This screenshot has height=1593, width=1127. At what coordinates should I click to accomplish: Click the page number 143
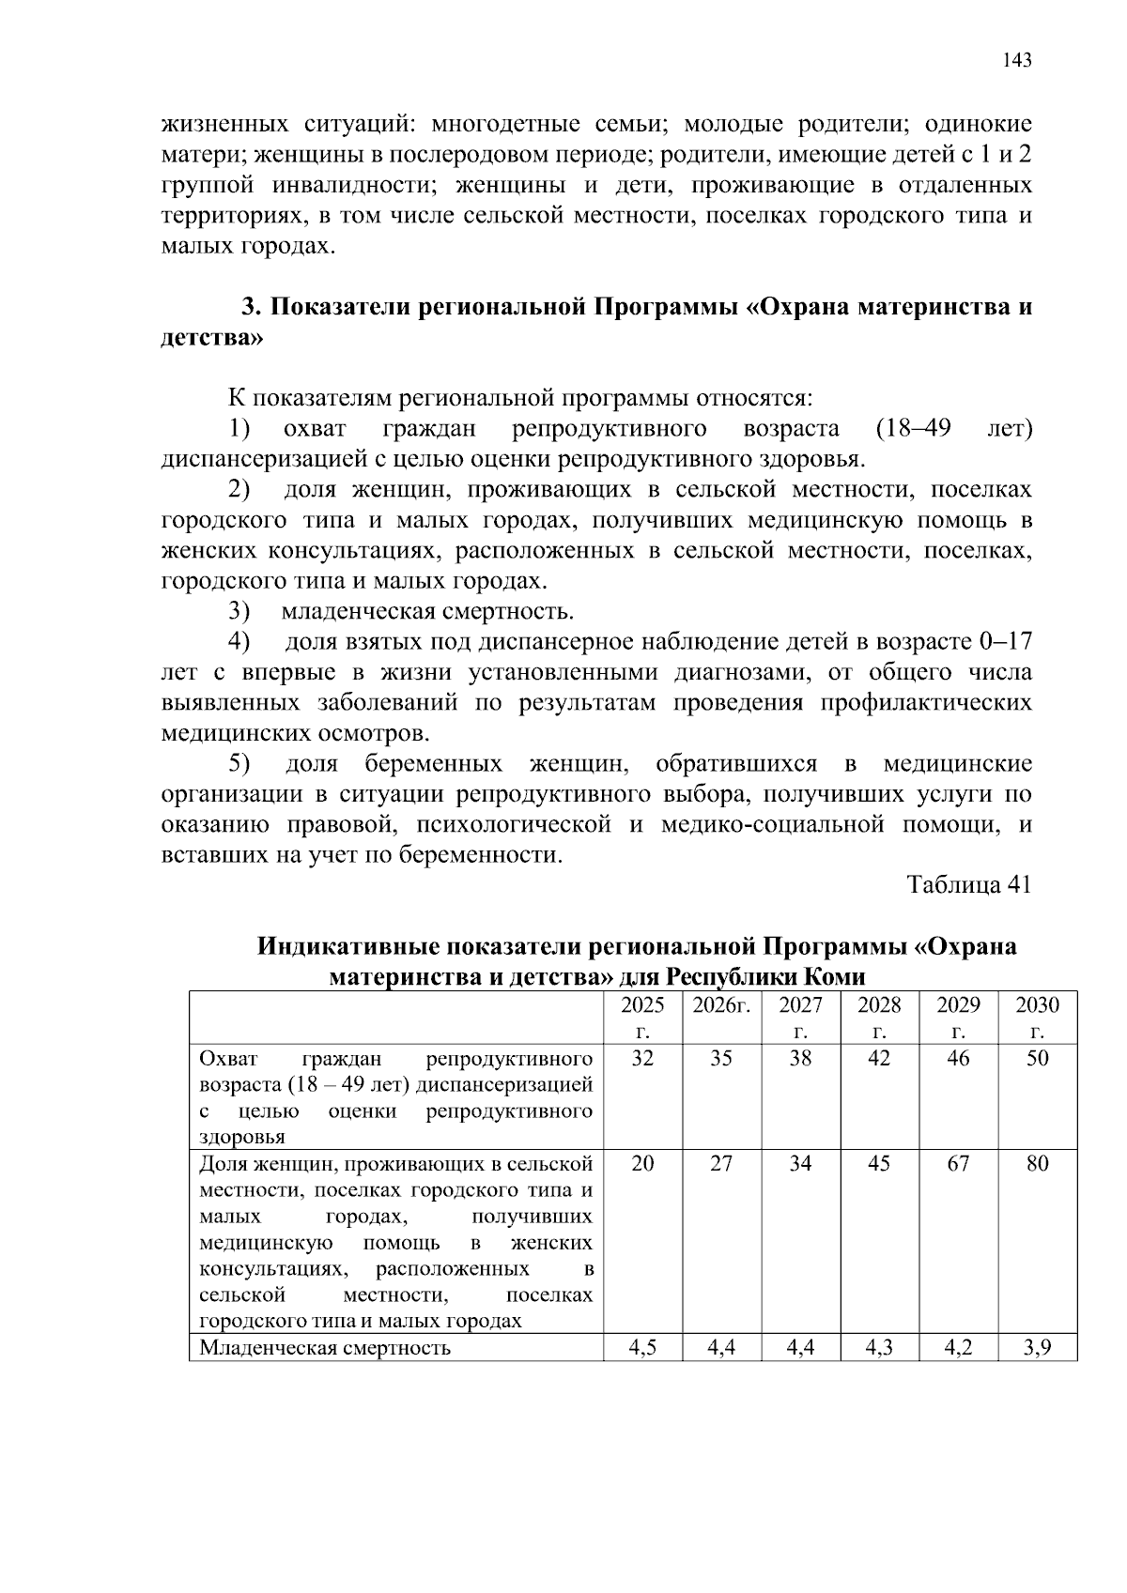(x=1016, y=61)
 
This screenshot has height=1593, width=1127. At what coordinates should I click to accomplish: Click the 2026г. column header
(x=721, y=1006)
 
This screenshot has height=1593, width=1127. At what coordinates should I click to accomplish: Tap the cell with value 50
(x=1037, y=1059)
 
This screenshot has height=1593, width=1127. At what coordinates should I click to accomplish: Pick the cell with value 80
(x=1037, y=1164)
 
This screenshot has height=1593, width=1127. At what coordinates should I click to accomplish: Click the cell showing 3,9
(x=1037, y=1349)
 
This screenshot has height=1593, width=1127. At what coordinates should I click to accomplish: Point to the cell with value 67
(x=958, y=1164)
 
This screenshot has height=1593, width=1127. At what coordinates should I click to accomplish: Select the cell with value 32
(x=642, y=1059)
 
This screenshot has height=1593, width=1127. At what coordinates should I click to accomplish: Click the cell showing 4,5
(x=642, y=1349)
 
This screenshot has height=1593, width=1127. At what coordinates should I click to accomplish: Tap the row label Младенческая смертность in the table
(x=325, y=1349)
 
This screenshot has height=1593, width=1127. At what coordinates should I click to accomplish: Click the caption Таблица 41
(x=969, y=885)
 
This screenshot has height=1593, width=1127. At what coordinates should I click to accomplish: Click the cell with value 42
(x=879, y=1059)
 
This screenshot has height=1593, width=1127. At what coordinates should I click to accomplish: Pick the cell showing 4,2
(x=958, y=1349)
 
